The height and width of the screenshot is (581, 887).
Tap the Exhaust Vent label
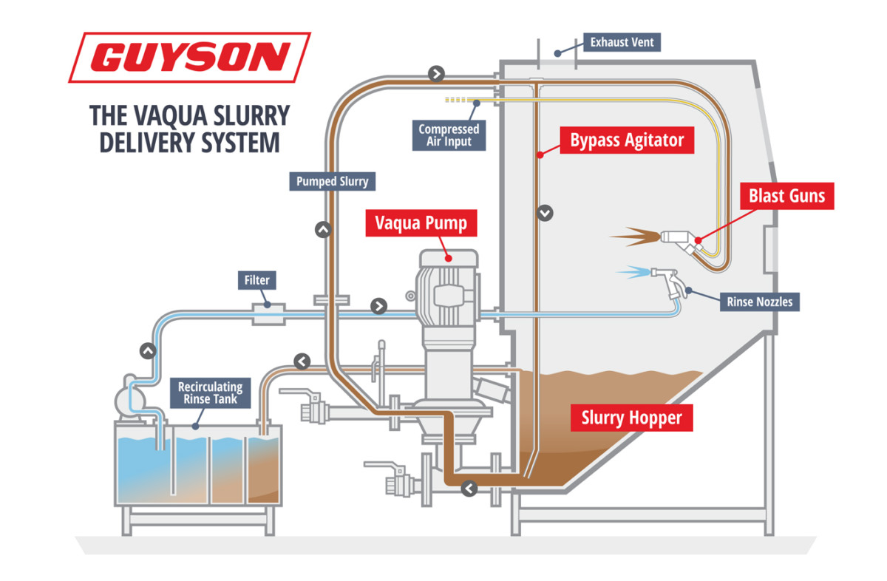pos(622,42)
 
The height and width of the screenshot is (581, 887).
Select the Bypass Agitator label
pos(627,140)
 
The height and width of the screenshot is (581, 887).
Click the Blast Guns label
pos(786,197)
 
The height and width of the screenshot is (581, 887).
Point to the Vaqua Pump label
pos(422,222)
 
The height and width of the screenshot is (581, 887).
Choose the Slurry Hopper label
pos(631,418)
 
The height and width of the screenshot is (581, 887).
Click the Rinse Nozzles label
pos(759,301)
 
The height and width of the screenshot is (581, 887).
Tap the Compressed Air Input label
pos(449,135)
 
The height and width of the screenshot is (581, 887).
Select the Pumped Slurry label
pos(332,181)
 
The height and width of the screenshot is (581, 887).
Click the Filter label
pos(257,280)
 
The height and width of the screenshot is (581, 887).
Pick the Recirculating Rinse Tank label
pos(210,393)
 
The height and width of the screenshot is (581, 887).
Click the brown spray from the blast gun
pos(634,237)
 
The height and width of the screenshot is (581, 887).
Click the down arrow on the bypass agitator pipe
pos(546,213)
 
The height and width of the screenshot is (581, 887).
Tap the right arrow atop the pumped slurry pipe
pos(437,73)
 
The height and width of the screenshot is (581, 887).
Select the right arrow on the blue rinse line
pos(379,306)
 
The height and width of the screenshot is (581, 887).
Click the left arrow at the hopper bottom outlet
pos(469,488)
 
